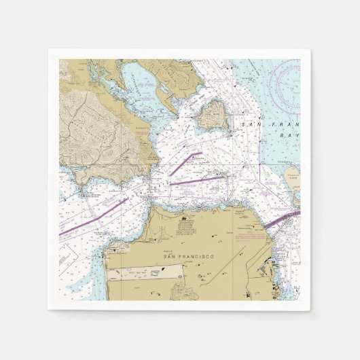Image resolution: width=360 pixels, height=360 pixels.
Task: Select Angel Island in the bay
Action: tap(213, 114)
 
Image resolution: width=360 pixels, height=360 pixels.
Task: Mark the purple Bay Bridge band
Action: tap(280, 219)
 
